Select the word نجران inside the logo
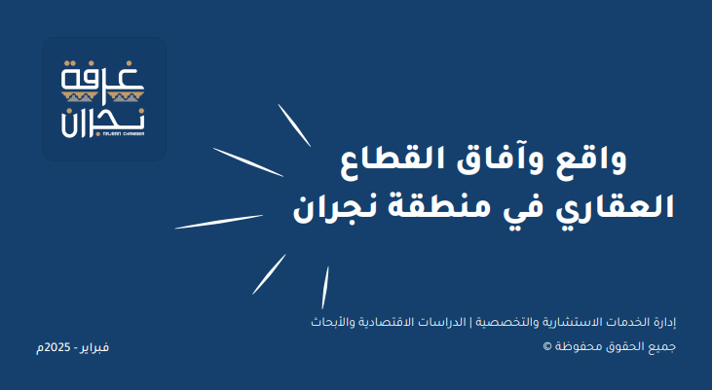coord(103,123)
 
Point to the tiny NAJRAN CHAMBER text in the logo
coord(124,134)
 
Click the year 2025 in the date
coord(57,347)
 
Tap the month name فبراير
coord(94,348)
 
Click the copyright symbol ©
coord(547,346)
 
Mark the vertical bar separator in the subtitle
coord(470,323)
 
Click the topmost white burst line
coord(294,125)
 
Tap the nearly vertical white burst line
coord(325,288)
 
